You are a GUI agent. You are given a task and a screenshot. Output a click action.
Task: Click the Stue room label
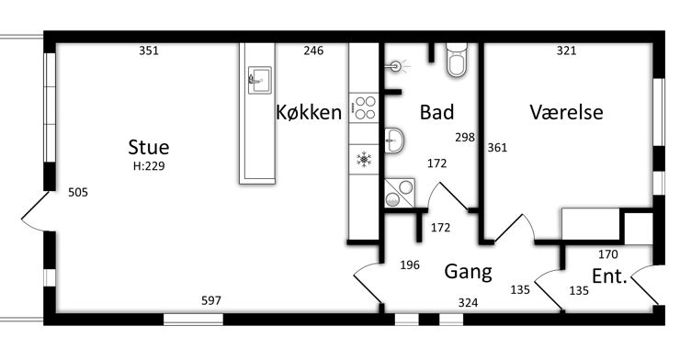(149, 147)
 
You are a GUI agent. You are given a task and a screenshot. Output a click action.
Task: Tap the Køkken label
(309, 112)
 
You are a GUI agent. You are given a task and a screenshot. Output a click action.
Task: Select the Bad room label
(436, 112)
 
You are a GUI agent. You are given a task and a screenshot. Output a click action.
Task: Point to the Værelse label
(566, 112)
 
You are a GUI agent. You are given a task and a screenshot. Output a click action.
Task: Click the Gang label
(468, 272)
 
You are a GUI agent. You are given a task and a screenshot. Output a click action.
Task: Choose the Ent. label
(609, 276)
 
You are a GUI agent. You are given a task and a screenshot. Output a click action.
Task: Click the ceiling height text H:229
(149, 166)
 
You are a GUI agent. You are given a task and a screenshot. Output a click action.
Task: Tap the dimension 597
(211, 300)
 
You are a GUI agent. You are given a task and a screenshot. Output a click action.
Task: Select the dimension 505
(78, 192)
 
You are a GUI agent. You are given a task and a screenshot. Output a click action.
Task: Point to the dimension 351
(149, 51)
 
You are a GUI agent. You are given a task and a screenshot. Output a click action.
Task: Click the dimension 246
(313, 51)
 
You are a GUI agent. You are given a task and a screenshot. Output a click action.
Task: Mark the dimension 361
(497, 147)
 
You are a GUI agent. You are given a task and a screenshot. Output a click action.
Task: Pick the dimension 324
(468, 303)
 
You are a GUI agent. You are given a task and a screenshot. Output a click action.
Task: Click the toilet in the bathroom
(457, 60)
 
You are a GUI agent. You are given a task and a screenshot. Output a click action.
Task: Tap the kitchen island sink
(259, 80)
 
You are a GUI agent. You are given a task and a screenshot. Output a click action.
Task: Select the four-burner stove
(364, 107)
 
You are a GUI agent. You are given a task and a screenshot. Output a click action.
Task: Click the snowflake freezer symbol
(364, 160)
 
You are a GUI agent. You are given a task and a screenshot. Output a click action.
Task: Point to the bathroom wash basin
(393, 141)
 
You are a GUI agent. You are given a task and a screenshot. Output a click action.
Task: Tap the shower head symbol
(397, 66)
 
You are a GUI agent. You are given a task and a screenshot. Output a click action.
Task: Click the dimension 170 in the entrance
(608, 254)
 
